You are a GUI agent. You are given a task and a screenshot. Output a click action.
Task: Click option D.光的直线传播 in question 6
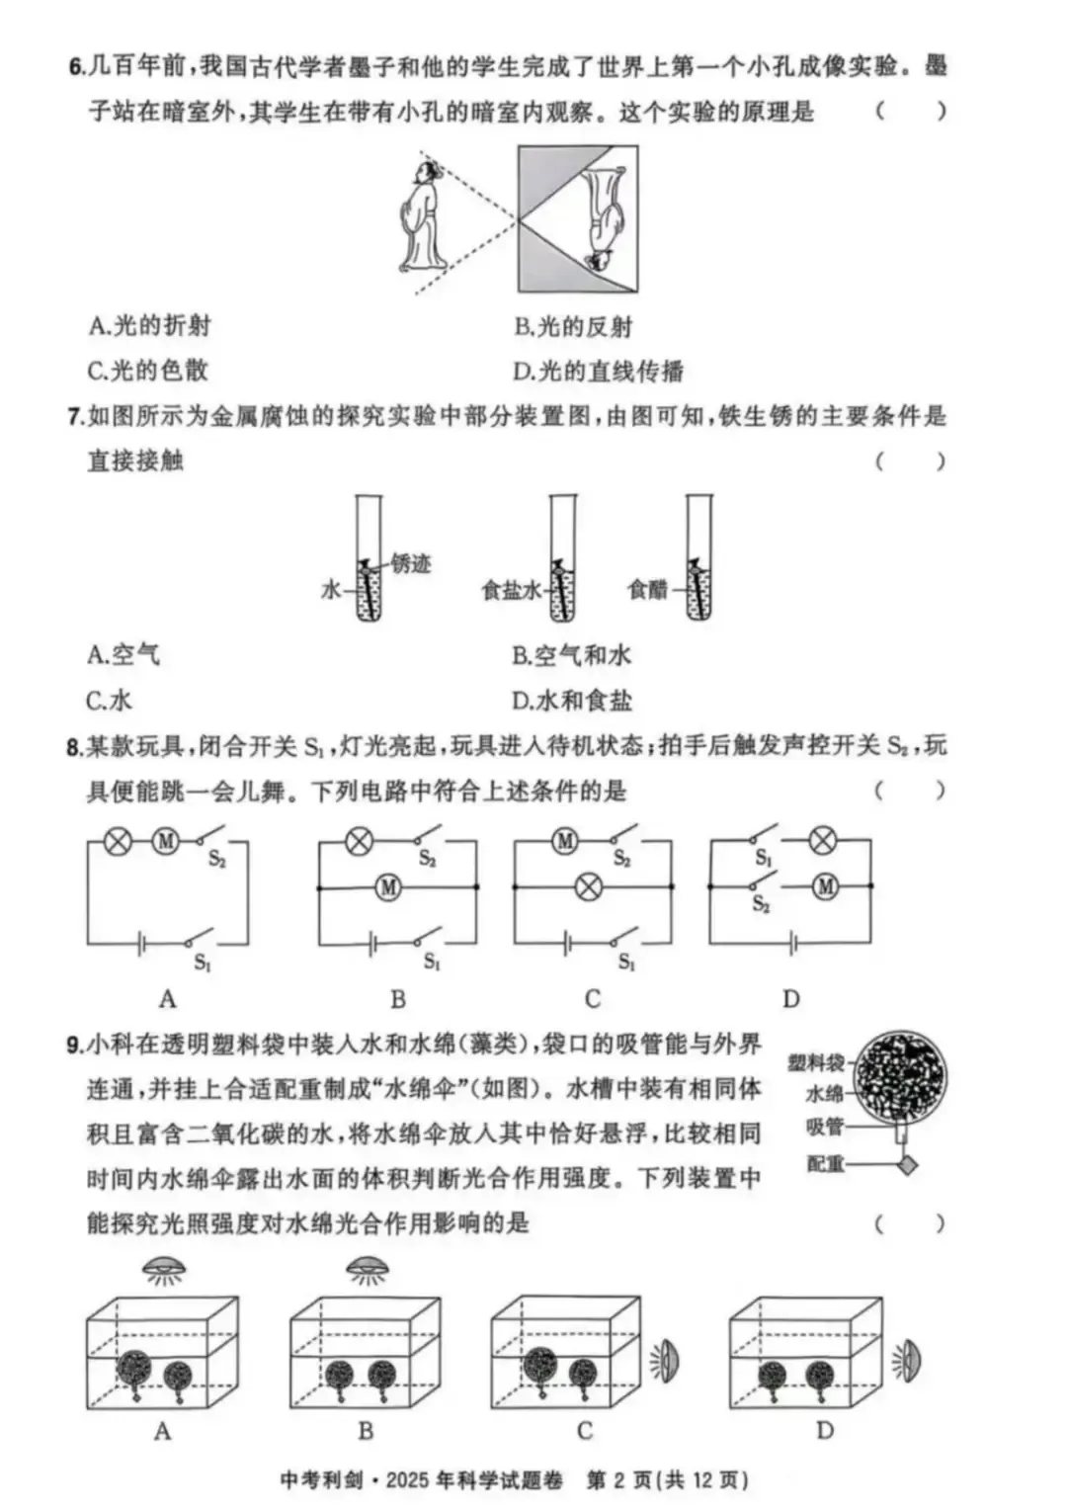click(x=598, y=372)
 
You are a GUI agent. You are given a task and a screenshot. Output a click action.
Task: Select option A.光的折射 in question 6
click(x=149, y=326)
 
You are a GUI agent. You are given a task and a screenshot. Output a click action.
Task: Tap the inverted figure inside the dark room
click(x=602, y=219)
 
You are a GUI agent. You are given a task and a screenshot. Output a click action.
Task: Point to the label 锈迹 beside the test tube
click(x=411, y=563)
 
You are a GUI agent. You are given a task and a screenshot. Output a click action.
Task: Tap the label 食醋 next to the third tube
click(x=648, y=590)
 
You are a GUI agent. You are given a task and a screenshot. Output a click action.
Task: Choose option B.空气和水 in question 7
click(x=571, y=655)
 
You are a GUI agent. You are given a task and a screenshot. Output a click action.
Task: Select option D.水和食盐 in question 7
click(x=571, y=702)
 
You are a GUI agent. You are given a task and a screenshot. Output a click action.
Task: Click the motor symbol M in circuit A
click(x=165, y=842)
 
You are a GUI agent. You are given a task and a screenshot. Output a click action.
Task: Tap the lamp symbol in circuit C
click(x=589, y=886)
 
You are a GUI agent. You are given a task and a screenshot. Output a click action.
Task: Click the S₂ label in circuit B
click(x=427, y=860)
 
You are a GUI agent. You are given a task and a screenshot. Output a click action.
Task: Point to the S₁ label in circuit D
click(x=763, y=858)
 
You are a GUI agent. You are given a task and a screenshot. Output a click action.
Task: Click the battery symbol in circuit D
click(x=792, y=944)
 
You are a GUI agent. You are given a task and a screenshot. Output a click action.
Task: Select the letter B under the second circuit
click(x=398, y=999)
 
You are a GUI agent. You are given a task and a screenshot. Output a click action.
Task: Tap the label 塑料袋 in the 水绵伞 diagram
click(x=816, y=1062)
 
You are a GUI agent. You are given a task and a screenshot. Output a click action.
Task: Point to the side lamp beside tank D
click(x=908, y=1362)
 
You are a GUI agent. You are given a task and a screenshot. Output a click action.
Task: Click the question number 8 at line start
click(x=74, y=746)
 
